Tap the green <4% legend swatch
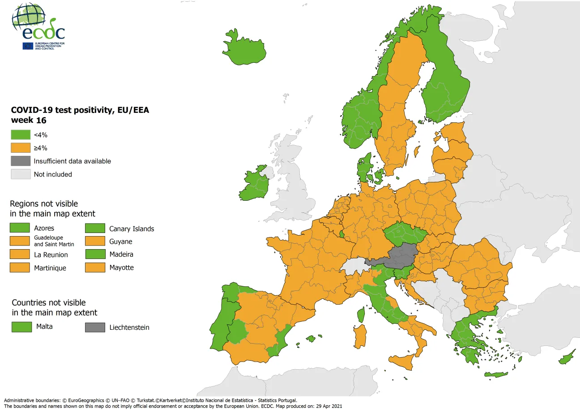[x=21, y=135]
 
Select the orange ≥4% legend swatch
[x=21, y=148]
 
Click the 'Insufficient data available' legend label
[x=72, y=161]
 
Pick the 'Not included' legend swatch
[x=21, y=174]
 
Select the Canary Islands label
[x=132, y=229]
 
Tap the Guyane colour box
[x=95, y=242]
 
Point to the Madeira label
[x=121, y=255]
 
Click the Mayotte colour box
[x=95, y=268]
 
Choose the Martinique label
[x=50, y=268]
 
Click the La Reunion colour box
[x=21, y=255]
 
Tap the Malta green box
[x=21, y=327]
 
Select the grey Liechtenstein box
[x=95, y=328]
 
